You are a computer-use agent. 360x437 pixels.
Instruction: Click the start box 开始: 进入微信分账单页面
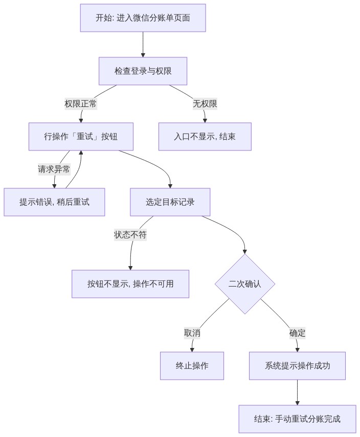pyautogui.click(x=143, y=18)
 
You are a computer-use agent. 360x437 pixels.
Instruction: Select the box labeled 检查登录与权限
pyautogui.click(x=143, y=71)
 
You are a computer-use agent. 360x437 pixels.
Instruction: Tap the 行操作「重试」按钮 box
pyautogui.click(x=81, y=137)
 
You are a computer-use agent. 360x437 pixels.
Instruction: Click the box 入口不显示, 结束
pyautogui.click(x=205, y=137)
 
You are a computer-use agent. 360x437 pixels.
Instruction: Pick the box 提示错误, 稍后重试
pyautogui.click(x=54, y=202)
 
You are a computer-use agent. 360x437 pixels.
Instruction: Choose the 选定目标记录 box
pyautogui.click(x=170, y=202)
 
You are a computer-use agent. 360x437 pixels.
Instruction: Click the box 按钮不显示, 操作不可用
pyautogui.click(x=130, y=284)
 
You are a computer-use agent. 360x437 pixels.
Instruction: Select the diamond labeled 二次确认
pyautogui.click(x=245, y=284)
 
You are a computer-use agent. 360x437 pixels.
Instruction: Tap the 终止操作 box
pyautogui.click(x=192, y=366)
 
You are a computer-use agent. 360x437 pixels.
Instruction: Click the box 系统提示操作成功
pyautogui.click(x=297, y=366)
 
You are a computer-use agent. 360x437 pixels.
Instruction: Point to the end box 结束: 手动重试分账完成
pyautogui.click(x=297, y=419)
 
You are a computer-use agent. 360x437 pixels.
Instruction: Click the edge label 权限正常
pyautogui.click(x=81, y=104)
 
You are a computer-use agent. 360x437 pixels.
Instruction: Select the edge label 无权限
pyautogui.click(x=205, y=104)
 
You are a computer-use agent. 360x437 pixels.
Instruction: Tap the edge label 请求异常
pyautogui.click(x=54, y=169)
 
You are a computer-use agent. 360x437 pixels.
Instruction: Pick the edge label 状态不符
pyautogui.click(x=130, y=235)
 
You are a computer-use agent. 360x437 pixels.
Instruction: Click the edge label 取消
pyautogui.click(x=192, y=333)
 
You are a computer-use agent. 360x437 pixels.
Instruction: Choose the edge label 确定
pyautogui.click(x=297, y=333)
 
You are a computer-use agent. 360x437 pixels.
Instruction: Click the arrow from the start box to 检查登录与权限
pyautogui.click(x=143, y=45)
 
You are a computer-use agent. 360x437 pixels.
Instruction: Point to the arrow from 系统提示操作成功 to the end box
pyautogui.click(x=297, y=392)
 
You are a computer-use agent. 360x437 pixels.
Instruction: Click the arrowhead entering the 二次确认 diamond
pyautogui.click(x=245, y=252)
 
